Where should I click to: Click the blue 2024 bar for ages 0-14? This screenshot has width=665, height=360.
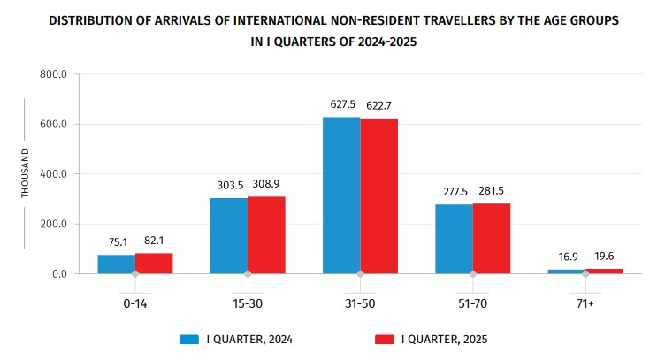pos(117,264)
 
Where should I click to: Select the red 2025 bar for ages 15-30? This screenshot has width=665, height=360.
pos(266,234)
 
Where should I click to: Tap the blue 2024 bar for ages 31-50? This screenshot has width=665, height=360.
pos(341,195)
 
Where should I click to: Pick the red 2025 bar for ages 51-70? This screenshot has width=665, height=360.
pos(492,238)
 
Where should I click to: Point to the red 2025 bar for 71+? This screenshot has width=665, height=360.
pos(604,270)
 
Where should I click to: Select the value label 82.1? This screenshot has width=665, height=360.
pos(155,241)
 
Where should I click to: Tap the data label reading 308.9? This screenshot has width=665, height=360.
pos(267,184)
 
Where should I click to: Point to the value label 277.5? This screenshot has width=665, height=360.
pos(454,193)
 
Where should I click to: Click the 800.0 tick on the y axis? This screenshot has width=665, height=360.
pos(54,74)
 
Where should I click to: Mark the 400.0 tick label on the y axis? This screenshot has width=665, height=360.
pos(54,174)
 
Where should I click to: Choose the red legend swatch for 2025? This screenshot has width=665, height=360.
pos(382,339)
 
